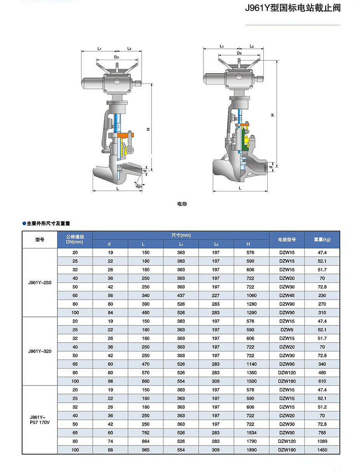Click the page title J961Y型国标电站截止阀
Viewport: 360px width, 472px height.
tap(292, 8)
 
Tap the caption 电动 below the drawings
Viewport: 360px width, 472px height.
tap(182, 204)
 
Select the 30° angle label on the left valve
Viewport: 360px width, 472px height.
tap(139, 186)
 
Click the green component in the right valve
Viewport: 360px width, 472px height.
tap(246, 140)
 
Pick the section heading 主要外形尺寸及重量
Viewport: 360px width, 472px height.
tap(48, 224)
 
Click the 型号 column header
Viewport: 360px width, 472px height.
tap(40, 240)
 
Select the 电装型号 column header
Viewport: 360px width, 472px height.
tap(287, 240)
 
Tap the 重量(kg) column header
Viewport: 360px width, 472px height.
tap(322, 240)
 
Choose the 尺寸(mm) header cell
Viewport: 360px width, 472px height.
tap(181, 236)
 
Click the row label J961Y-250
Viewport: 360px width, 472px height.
tap(40, 283)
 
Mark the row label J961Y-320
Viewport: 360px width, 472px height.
tap(40, 351)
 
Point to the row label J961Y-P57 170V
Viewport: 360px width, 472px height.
tap(40, 420)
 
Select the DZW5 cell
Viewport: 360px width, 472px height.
tap(287, 330)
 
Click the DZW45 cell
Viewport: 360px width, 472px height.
tap(287, 296)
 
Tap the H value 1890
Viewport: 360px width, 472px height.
tap(251, 450)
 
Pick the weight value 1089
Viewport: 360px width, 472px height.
tap(322, 441)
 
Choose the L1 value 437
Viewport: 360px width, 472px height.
tap(181, 296)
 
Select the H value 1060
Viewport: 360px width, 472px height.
tap(251, 296)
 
